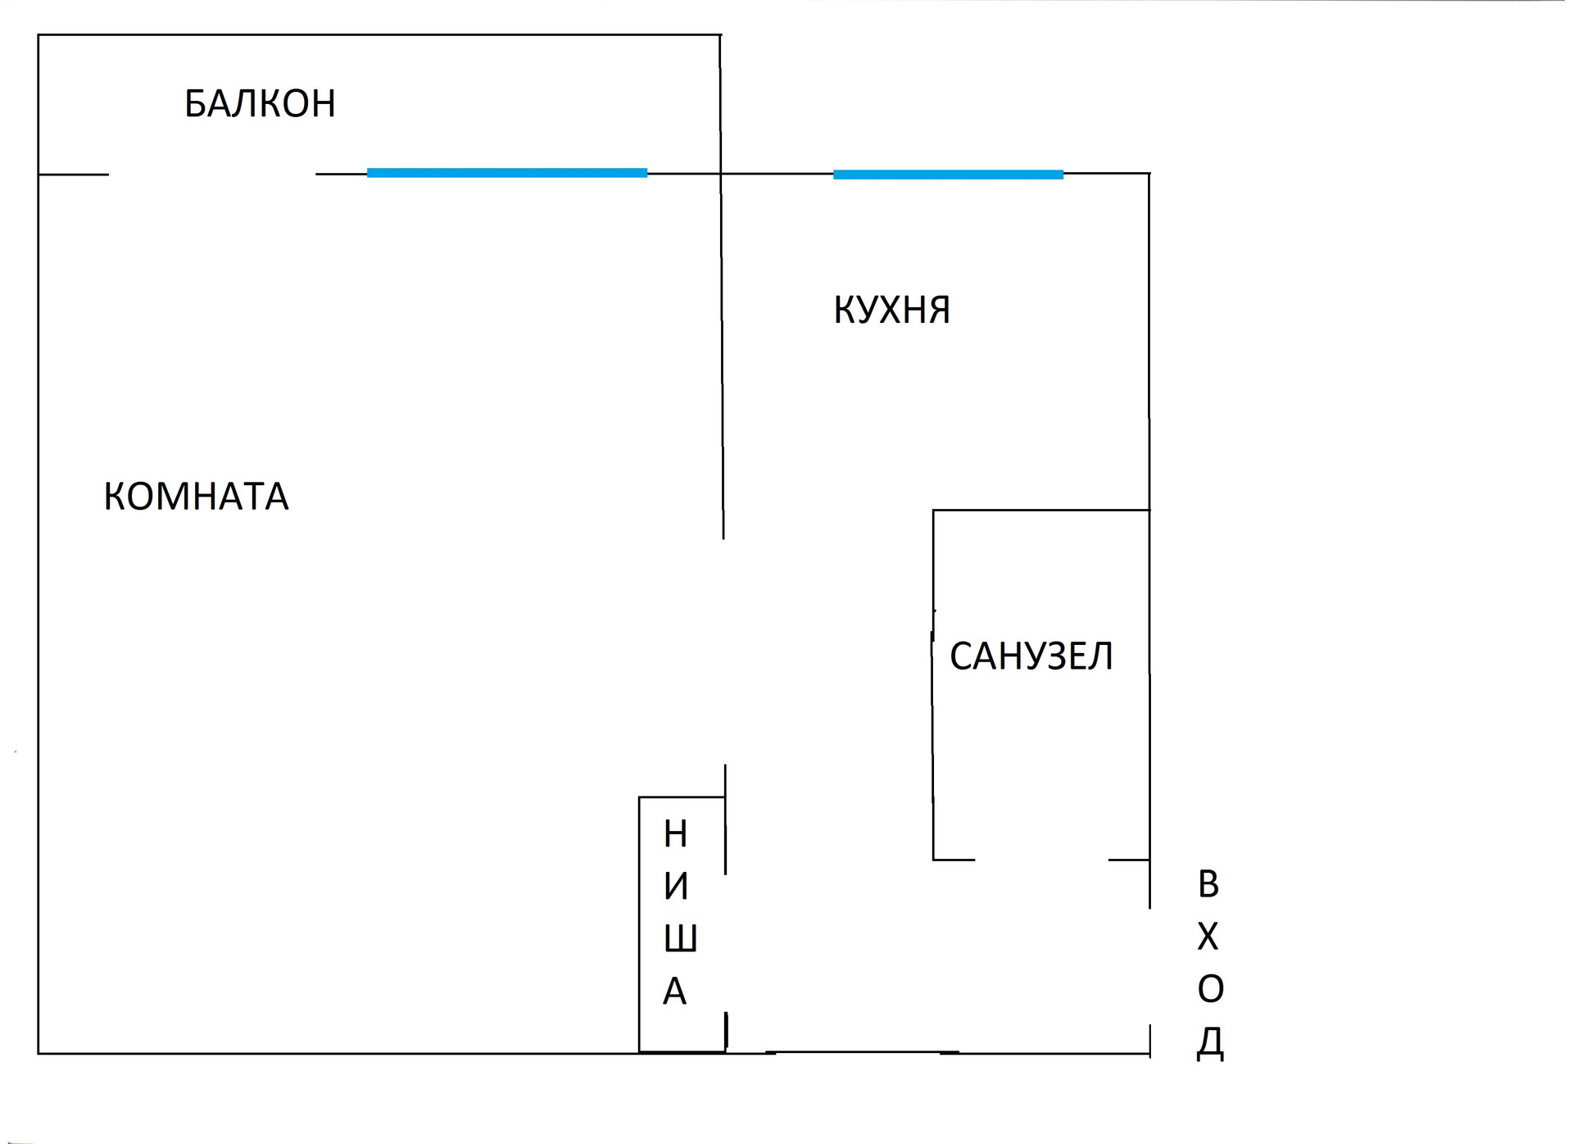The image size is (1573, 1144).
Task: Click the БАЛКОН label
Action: (260, 103)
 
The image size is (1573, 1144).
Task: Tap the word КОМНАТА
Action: (196, 497)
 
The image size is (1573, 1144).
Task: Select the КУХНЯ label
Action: (891, 310)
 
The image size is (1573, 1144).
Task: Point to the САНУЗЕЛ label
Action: (1031, 656)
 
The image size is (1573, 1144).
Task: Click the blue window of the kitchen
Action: (948, 175)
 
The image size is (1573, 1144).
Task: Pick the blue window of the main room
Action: (507, 173)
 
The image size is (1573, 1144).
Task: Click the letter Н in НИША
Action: (675, 834)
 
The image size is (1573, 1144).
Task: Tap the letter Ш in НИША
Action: (680, 938)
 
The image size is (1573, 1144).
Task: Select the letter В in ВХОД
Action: (1208, 884)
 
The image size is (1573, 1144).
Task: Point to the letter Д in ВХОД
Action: (1210, 1042)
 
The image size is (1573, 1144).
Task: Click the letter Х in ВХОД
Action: (1208, 937)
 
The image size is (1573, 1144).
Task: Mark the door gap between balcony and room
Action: (212, 175)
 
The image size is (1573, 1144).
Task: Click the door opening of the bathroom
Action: (1041, 860)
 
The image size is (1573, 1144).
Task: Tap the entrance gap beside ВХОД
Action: (1149, 966)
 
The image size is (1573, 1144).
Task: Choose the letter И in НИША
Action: (676, 887)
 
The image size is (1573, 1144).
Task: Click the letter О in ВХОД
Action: (1210, 989)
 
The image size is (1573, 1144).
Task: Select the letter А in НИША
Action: (674, 992)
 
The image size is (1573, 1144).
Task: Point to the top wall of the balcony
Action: (379, 35)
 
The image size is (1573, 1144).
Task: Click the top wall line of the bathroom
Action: (1040, 511)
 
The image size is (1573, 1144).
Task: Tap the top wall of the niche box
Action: (682, 797)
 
